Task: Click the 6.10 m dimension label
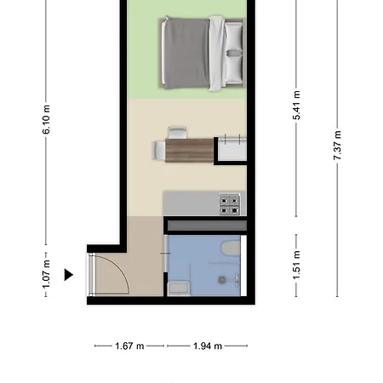click(x=46, y=119)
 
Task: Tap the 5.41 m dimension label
click(x=296, y=106)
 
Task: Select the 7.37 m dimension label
click(x=337, y=145)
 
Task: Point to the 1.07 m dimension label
click(x=46, y=274)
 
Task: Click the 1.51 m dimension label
click(x=296, y=265)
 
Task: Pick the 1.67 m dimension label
click(x=129, y=346)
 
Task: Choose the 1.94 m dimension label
click(x=208, y=346)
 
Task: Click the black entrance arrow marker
click(x=68, y=275)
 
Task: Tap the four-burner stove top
click(x=230, y=204)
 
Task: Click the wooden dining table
click(x=189, y=151)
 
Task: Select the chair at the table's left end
click(x=159, y=151)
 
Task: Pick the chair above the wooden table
click(x=177, y=133)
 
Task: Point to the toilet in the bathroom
click(x=231, y=249)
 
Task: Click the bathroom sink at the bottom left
click(x=179, y=289)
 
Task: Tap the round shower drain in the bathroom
click(x=222, y=280)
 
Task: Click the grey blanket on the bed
click(x=186, y=53)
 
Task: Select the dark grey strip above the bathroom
click(x=207, y=226)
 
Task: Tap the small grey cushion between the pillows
click(x=234, y=53)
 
